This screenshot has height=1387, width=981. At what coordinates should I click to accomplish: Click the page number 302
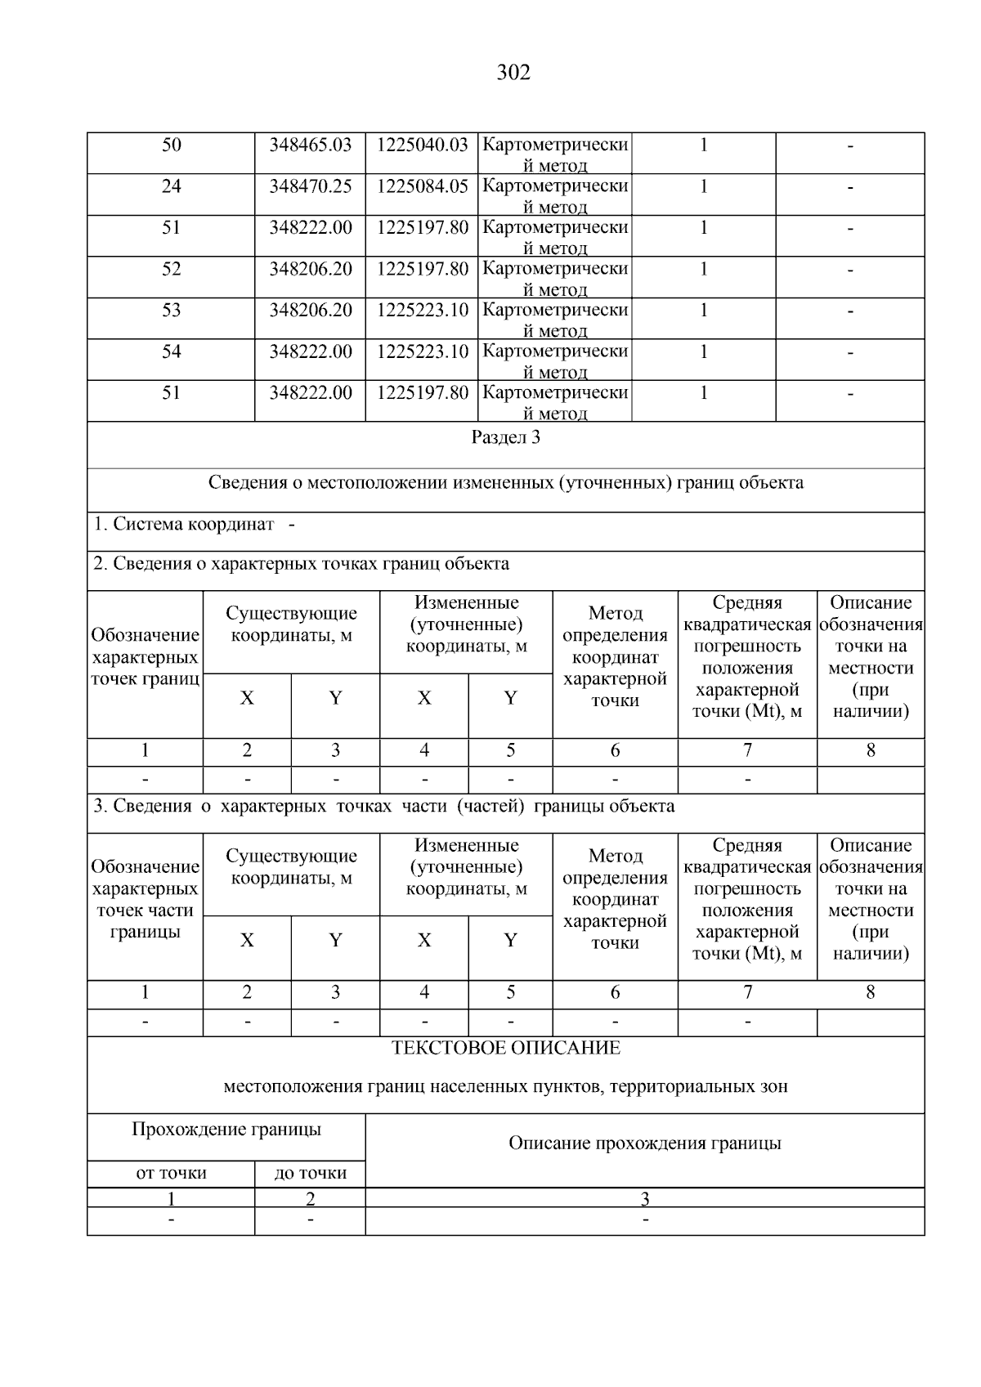coord(513,73)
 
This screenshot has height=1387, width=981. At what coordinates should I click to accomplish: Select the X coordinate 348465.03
coord(310,145)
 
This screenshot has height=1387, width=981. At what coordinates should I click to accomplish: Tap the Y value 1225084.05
coord(422,186)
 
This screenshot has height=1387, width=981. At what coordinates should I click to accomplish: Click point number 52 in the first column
coord(171,269)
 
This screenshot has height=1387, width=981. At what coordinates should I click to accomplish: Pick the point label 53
coord(171,311)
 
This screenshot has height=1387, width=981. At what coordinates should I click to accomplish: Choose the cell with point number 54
coord(171,351)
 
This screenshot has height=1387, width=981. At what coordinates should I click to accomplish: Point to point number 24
coord(171,186)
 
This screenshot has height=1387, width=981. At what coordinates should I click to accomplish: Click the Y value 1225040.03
coord(422,145)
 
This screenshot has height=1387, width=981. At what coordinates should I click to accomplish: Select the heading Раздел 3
coord(505,437)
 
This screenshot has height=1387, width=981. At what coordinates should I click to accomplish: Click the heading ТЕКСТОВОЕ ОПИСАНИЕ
coord(505,1048)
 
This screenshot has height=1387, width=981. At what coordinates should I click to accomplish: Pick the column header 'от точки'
coord(171,1173)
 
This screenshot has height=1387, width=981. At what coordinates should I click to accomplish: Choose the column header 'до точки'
coord(310,1173)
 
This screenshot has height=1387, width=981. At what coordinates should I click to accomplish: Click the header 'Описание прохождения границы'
coord(644,1143)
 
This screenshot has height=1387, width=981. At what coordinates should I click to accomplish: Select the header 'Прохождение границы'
coord(226,1130)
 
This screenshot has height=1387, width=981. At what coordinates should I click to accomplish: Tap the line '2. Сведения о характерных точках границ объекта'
coord(301,564)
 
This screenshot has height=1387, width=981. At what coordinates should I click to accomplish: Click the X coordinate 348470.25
coord(310,186)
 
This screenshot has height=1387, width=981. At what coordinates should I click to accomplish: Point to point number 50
coord(171,145)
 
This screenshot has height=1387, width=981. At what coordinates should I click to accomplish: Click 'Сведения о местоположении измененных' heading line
coord(505,482)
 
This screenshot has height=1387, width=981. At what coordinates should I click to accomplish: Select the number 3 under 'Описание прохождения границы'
coord(644,1199)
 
